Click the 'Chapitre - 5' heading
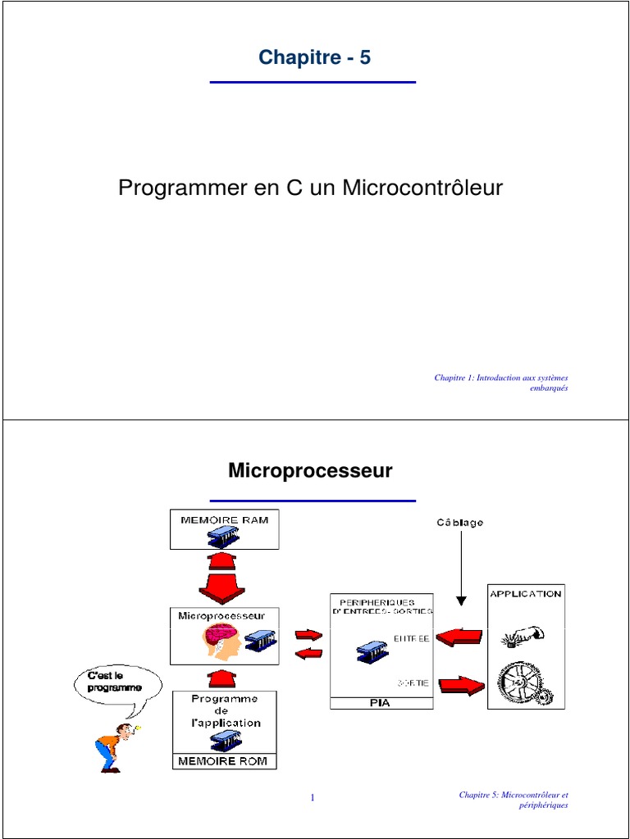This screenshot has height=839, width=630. (x=314, y=57)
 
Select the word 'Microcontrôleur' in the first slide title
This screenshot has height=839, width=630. (x=422, y=188)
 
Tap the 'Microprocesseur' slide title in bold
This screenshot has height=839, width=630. (x=310, y=471)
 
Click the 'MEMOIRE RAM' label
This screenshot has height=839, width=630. (x=224, y=519)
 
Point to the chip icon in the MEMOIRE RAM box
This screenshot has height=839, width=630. (x=224, y=537)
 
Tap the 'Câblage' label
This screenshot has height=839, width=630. (x=459, y=522)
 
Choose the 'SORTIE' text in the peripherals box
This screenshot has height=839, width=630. (x=413, y=683)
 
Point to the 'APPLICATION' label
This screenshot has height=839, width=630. (x=526, y=593)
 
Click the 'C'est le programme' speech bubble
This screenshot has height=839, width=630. (x=115, y=682)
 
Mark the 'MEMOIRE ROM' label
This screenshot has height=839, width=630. (x=224, y=761)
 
